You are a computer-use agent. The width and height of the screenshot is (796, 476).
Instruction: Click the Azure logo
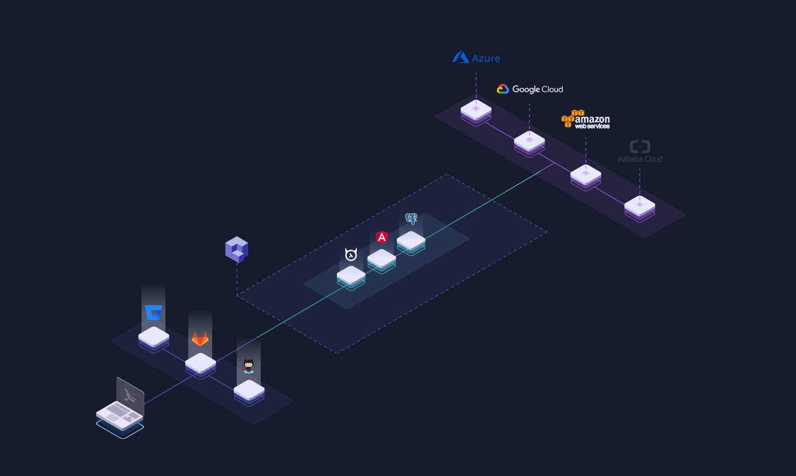[476, 57]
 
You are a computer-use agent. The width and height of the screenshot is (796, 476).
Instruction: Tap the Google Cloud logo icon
[502, 89]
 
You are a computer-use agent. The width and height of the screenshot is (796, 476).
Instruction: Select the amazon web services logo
[585, 119]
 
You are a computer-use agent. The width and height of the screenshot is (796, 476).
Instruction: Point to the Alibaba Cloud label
[640, 159]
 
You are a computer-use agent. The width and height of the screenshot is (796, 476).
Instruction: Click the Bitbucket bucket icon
[153, 312]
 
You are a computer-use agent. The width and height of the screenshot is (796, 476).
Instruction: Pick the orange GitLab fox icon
[200, 339]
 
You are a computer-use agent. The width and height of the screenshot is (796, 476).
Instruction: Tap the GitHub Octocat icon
[248, 366]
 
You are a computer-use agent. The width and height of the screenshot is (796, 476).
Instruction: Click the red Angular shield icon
[382, 237]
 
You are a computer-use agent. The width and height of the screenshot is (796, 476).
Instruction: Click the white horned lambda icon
[351, 254]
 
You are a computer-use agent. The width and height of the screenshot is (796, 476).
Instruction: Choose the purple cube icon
[237, 249]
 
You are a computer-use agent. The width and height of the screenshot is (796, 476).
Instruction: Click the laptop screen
[131, 395]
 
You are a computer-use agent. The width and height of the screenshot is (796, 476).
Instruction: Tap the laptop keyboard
[119, 414]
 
